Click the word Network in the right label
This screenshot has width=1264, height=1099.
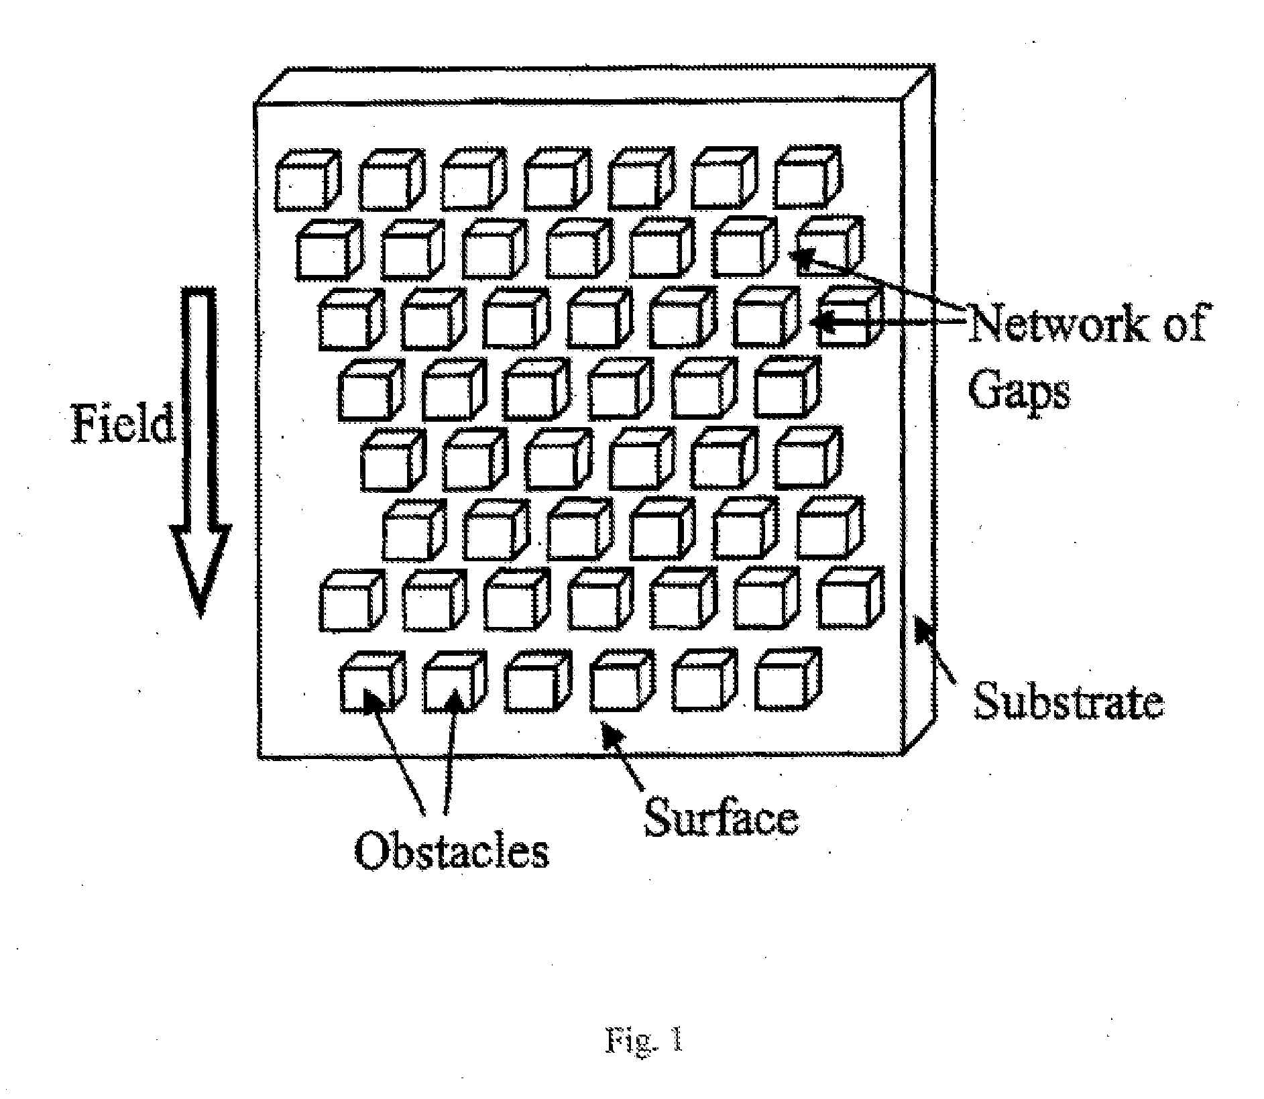[x=1061, y=324]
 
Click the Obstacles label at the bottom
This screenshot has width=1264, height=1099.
[x=451, y=852]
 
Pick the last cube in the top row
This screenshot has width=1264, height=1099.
[x=807, y=177]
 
